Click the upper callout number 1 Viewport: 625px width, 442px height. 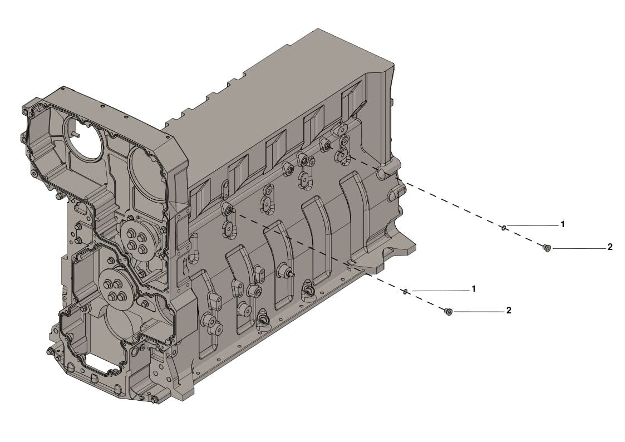[563, 224]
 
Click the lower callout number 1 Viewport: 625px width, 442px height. [474, 288]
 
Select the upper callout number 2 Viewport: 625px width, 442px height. [610, 247]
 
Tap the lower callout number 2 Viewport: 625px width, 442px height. [509, 310]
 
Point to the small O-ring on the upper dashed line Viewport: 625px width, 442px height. [504, 228]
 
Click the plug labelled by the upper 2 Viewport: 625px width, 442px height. [547, 248]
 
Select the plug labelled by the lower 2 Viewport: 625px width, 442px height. [449, 311]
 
